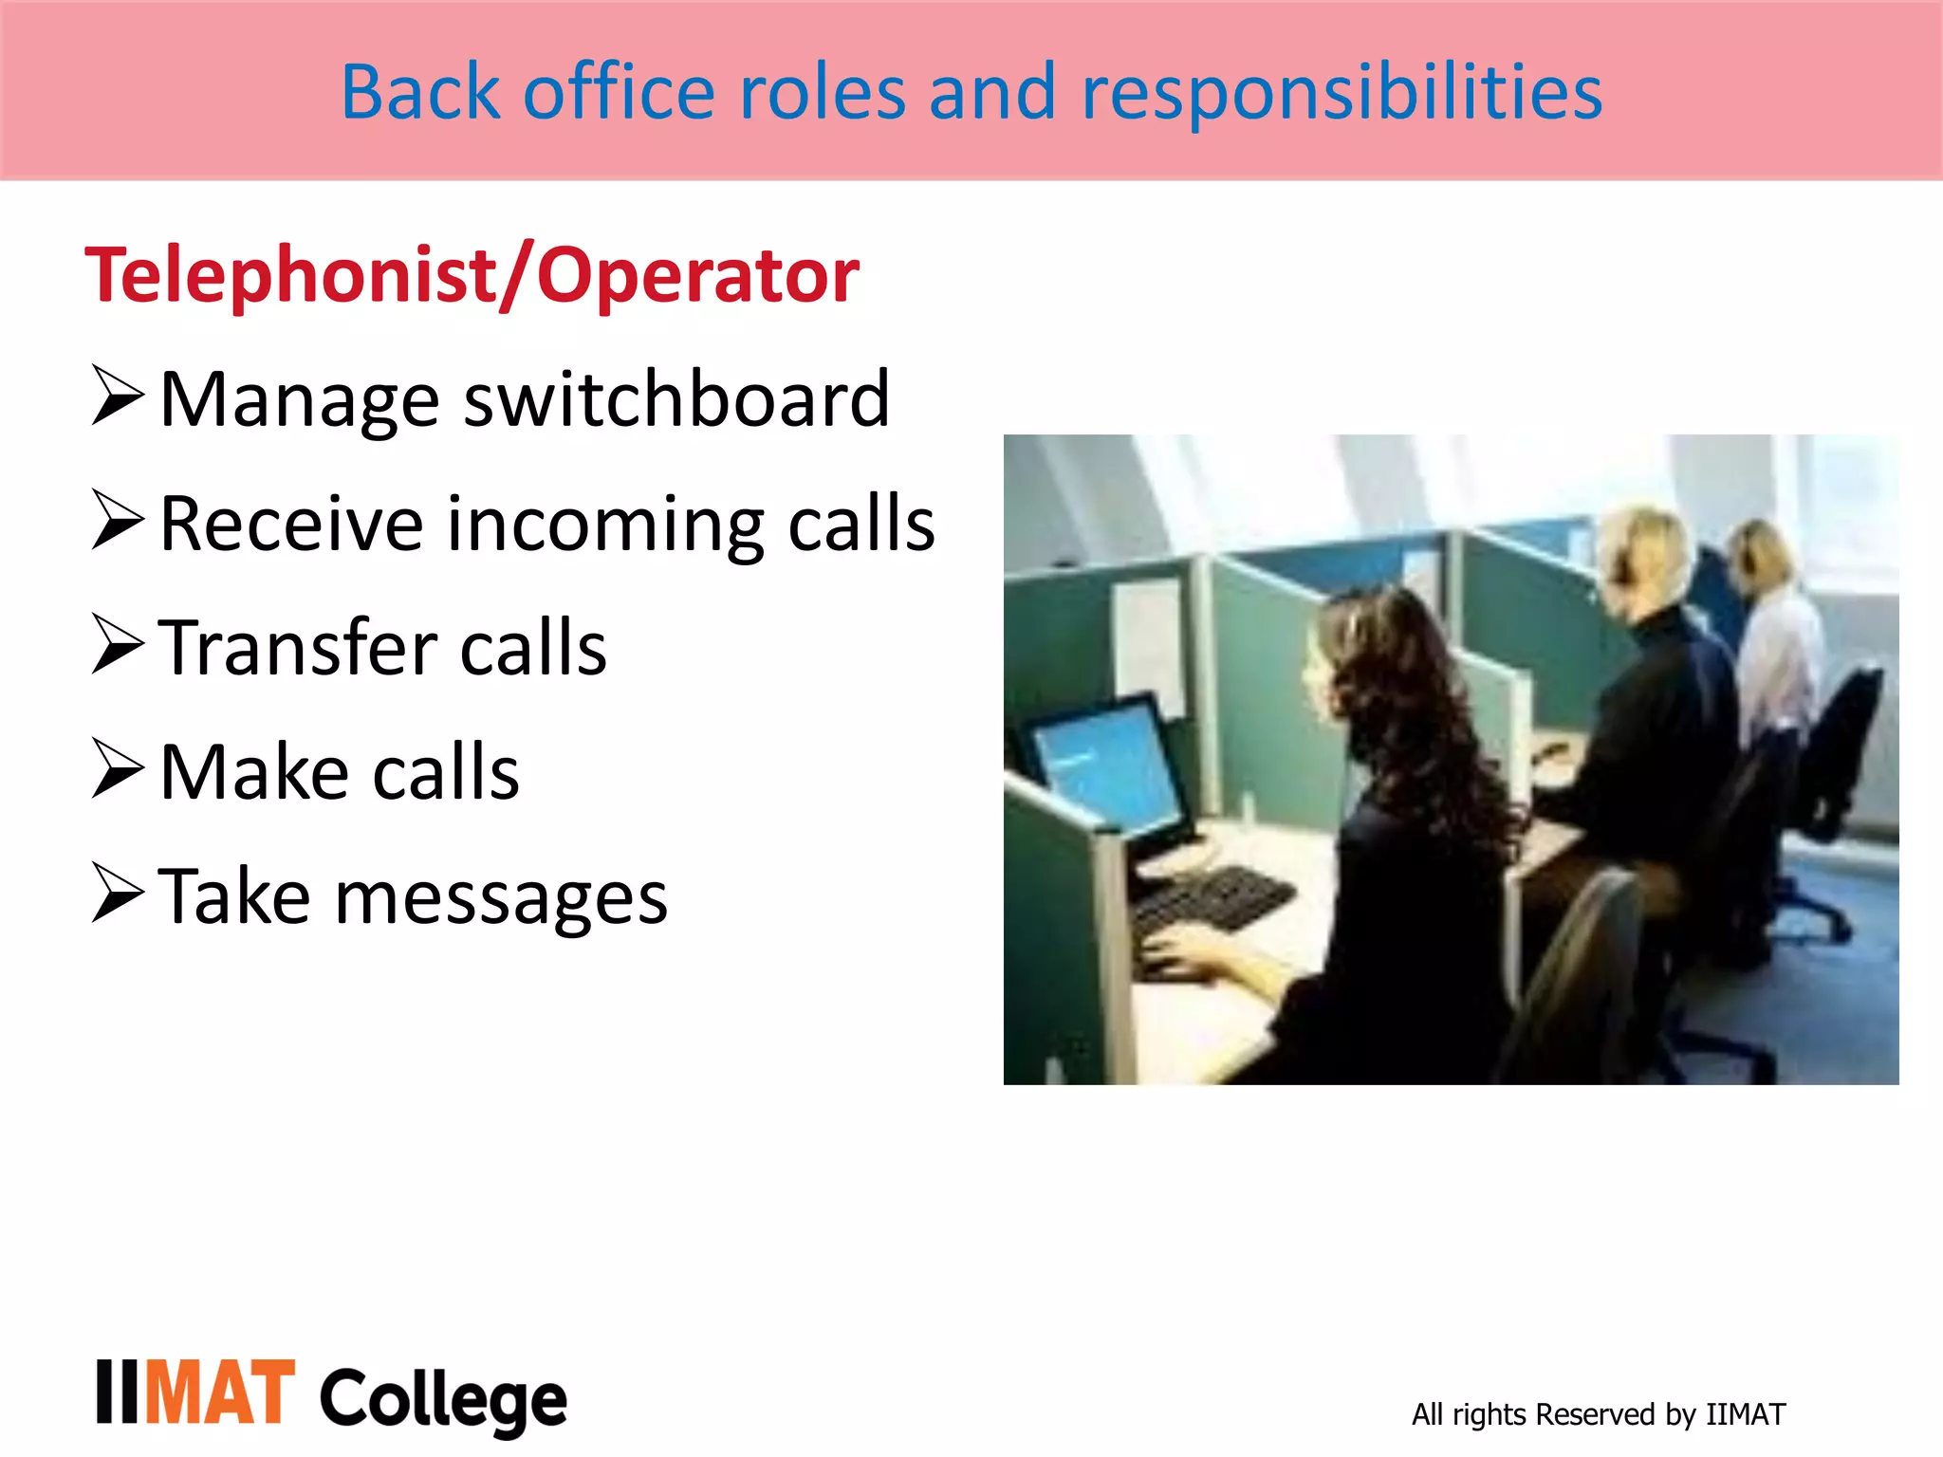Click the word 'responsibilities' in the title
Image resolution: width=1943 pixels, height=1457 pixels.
(x=1342, y=92)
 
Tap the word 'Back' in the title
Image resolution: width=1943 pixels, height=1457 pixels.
(x=420, y=92)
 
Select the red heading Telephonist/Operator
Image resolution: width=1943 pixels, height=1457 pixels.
(x=472, y=275)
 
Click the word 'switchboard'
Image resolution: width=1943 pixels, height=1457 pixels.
(x=676, y=399)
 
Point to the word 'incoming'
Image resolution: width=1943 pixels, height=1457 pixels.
(x=605, y=525)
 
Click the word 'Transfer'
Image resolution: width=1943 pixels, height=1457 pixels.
(x=297, y=648)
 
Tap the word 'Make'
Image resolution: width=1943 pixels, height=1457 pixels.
(x=253, y=772)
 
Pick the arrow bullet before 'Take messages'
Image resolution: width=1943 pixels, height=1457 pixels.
(x=118, y=893)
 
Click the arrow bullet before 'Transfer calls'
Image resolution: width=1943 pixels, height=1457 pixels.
(x=118, y=644)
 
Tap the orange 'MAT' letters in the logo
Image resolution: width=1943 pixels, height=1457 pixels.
(x=220, y=1392)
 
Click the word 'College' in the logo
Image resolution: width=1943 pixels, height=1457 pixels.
(x=443, y=1398)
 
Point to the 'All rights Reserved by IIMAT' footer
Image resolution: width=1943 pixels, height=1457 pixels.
(x=1598, y=1414)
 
